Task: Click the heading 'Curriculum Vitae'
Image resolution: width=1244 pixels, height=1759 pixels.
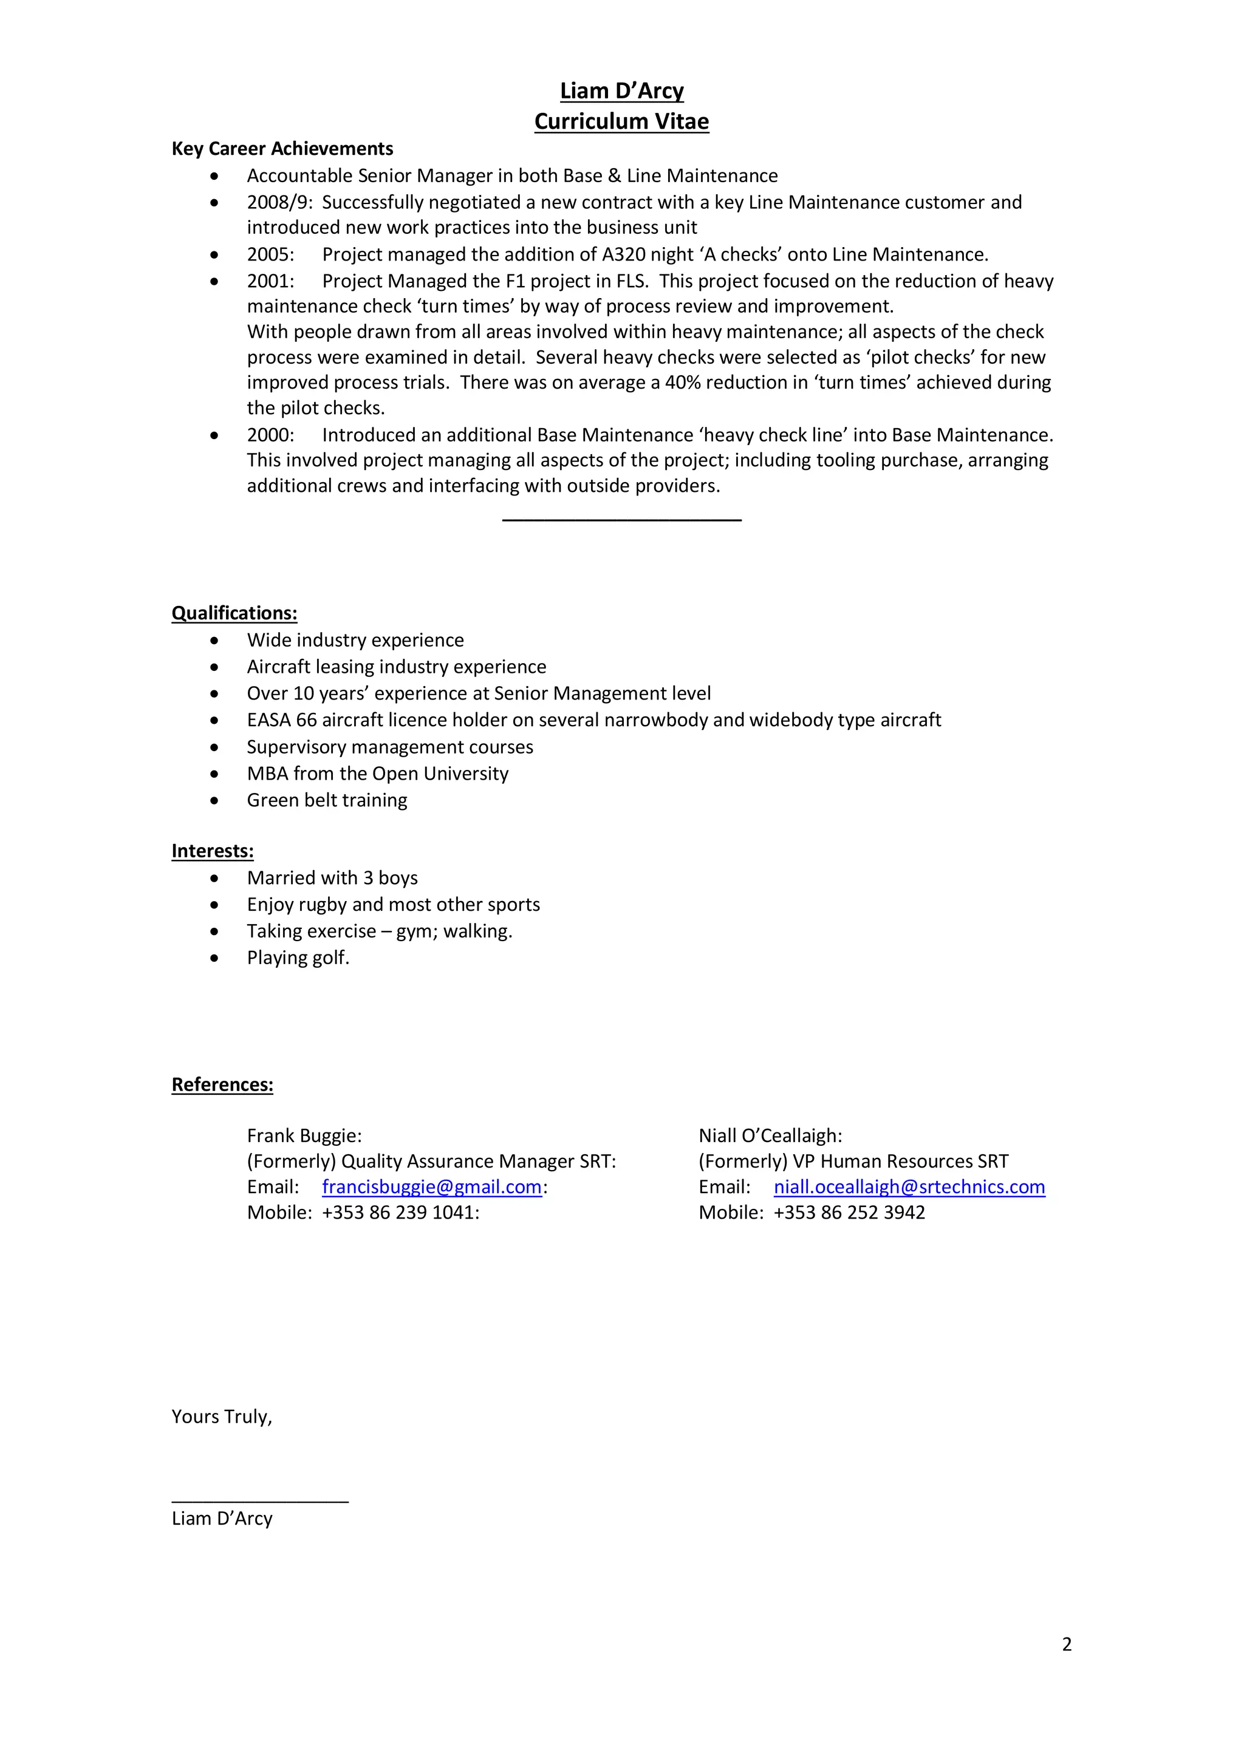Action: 621,121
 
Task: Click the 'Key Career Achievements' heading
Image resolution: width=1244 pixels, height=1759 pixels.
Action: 282,149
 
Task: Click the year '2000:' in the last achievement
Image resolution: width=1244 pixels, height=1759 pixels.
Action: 270,435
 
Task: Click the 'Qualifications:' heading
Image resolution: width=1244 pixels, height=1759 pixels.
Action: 234,613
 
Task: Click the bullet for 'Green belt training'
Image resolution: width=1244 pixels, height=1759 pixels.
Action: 214,801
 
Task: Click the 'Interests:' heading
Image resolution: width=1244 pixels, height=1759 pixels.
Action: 213,851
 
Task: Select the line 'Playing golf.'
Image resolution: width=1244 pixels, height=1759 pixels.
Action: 298,958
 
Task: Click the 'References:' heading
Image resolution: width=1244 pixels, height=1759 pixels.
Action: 222,1085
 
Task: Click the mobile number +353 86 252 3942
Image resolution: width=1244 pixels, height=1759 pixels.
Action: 849,1212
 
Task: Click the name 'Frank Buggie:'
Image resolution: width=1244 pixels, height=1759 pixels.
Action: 304,1135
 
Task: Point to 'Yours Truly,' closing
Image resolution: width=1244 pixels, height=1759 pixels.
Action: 222,1417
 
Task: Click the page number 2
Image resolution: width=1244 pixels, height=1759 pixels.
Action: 1066,1644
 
